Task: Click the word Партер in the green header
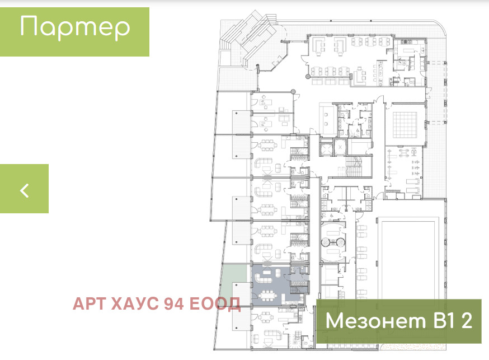coord(75,27)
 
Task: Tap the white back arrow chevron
coord(25,190)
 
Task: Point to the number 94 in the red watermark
coord(174,303)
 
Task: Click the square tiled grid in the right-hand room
coord(405,125)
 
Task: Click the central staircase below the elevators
coord(352,167)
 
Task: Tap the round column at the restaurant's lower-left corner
coord(308,76)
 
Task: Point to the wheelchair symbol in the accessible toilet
coord(355,131)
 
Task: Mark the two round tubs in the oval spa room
coord(333,241)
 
